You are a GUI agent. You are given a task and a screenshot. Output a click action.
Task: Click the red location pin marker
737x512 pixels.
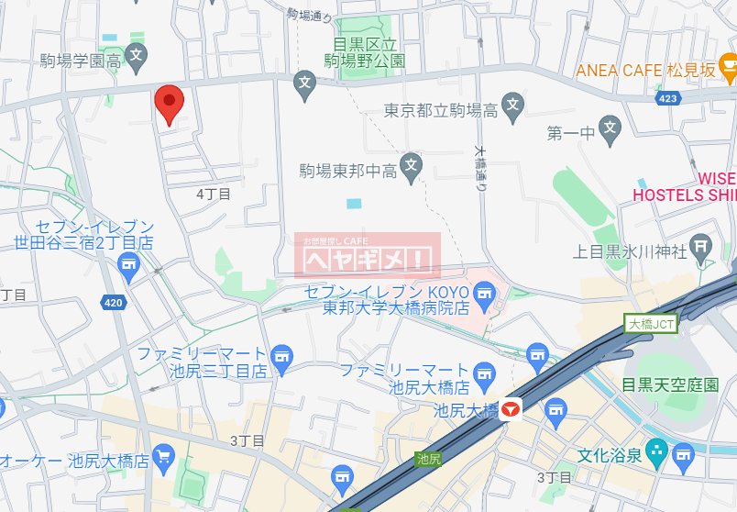tap(168, 103)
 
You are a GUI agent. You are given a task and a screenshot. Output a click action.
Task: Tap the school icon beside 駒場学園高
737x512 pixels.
tap(136, 55)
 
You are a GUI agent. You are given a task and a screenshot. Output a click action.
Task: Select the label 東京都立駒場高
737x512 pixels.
tap(441, 111)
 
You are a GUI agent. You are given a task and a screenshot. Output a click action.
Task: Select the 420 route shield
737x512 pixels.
tap(114, 301)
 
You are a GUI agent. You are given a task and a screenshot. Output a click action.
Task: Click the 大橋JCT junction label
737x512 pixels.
tap(651, 323)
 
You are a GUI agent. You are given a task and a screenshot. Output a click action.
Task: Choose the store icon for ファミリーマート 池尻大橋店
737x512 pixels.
tap(487, 372)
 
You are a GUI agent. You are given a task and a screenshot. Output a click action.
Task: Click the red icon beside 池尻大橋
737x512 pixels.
tap(511, 410)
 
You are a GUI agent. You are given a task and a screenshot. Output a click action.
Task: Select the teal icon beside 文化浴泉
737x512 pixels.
tap(654, 451)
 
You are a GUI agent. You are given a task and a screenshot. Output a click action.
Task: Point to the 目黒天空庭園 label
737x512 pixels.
tap(669, 384)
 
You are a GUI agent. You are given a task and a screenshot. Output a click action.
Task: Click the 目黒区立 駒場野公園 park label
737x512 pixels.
tap(365, 52)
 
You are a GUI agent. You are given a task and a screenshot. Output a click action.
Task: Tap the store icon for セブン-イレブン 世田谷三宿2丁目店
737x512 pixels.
tap(129, 266)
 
